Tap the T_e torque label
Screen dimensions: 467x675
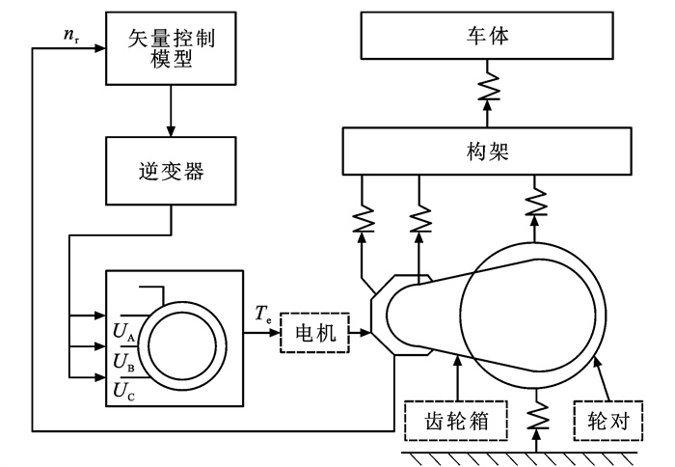263,312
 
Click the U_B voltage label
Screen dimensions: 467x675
123,362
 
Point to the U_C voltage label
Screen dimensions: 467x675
123,390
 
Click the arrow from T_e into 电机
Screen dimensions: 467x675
273,334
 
